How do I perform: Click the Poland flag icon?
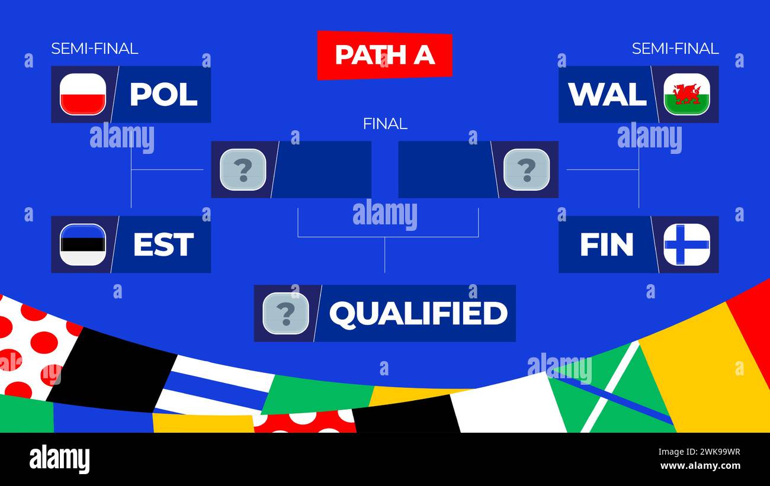click(x=83, y=94)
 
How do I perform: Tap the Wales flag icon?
click(x=686, y=94)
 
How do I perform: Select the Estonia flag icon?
click(x=83, y=244)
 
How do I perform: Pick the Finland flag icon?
click(x=686, y=244)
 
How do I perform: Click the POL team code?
click(x=163, y=95)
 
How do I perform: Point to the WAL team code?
click(x=607, y=95)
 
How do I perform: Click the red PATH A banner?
click(x=384, y=55)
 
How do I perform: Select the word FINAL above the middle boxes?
click(x=385, y=124)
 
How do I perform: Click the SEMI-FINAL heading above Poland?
click(x=95, y=49)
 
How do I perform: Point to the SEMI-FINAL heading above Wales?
click(x=675, y=49)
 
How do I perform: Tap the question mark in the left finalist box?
click(x=243, y=170)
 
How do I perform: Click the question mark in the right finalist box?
click(x=526, y=170)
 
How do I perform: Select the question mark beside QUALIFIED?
click(x=285, y=314)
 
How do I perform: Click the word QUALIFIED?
click(x=418, y=314)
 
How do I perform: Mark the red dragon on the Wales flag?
click(x=686, y=94)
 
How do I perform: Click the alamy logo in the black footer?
click(x=59, y=459)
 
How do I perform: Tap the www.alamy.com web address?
click(x=700, y=466)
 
